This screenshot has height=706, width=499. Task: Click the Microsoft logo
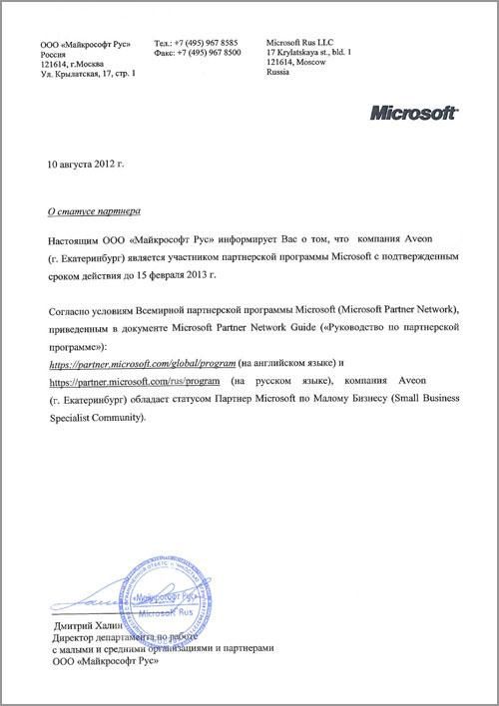[414, 113]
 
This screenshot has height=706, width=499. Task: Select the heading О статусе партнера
[95, 211]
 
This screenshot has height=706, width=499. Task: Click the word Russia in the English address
[278, 74]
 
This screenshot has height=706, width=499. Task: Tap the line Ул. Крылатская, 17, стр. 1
[88, 75]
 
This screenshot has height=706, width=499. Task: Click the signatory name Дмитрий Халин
[82, 625]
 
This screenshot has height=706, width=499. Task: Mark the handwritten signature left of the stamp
[75, 602]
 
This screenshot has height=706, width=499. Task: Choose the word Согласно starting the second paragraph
[75, 312]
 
